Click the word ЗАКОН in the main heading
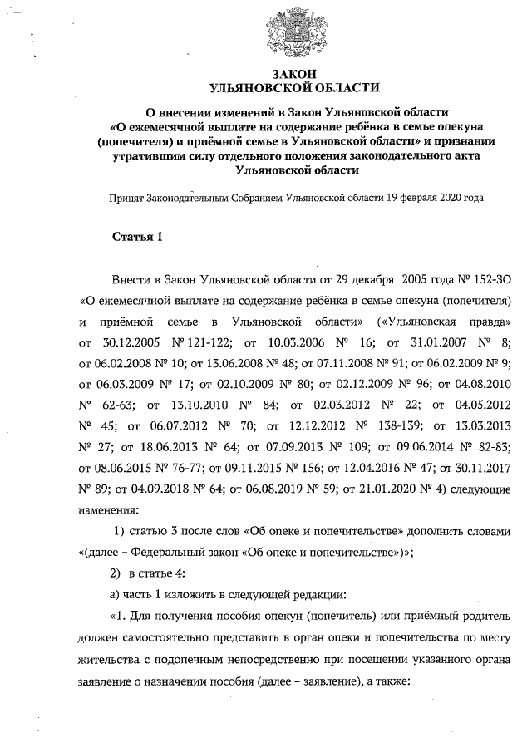point(296,74)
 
